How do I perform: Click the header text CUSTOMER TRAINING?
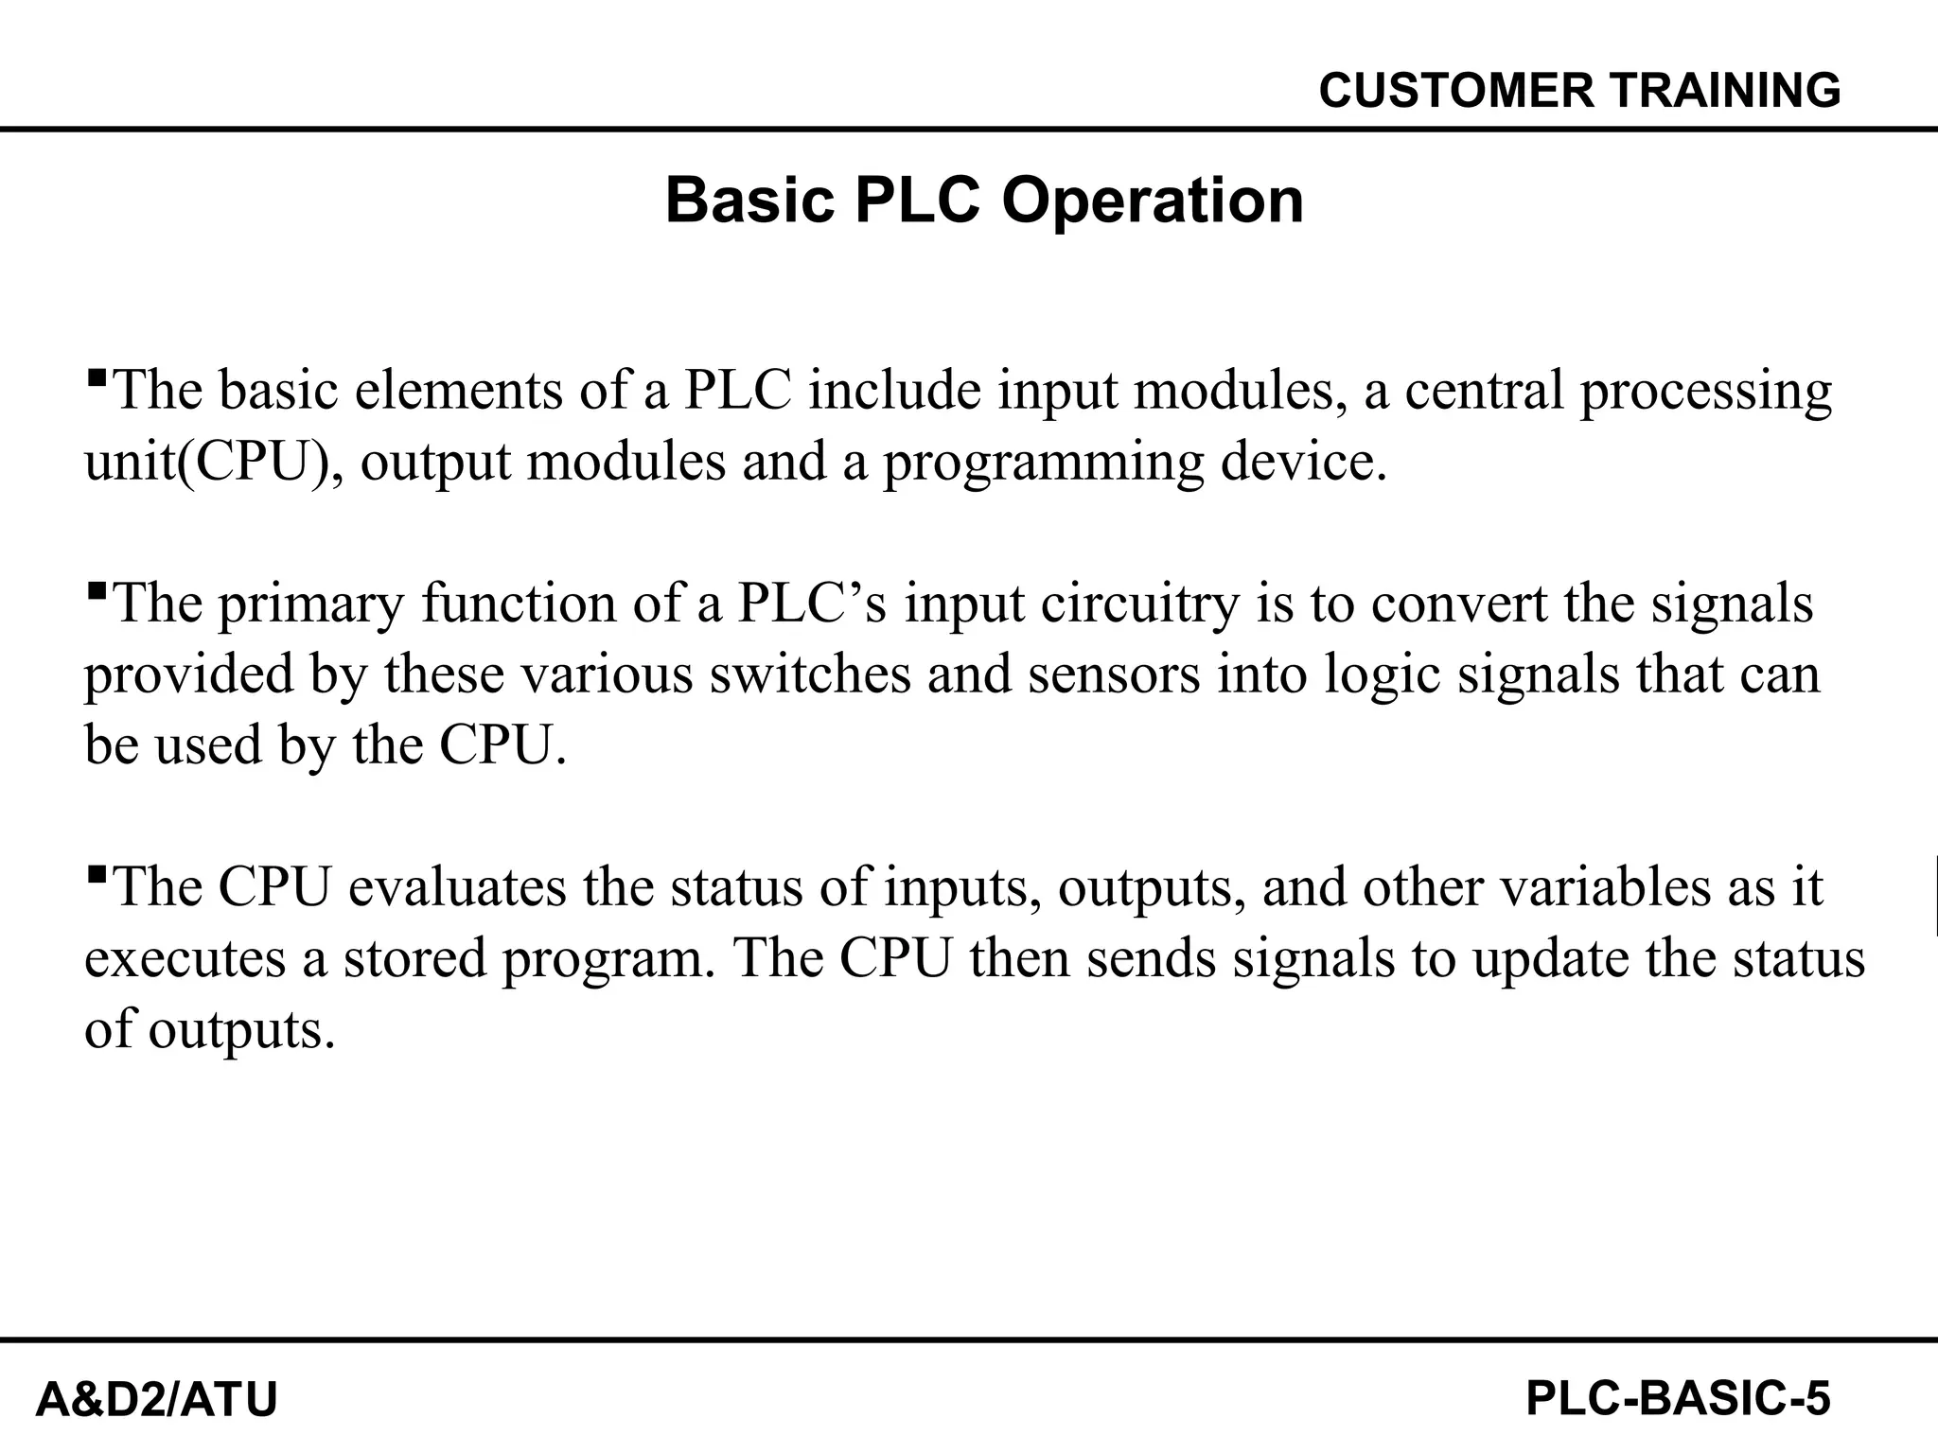[1579, 91]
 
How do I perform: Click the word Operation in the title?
[1153, 201]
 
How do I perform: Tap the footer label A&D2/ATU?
[156, 1399]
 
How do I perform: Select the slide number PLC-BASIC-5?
[1678, 1398]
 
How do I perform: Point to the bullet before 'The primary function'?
[96, 591]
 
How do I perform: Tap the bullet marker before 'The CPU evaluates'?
[96, 875]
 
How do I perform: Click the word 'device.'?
[1304, 463]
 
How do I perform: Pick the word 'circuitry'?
[1139, 604]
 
